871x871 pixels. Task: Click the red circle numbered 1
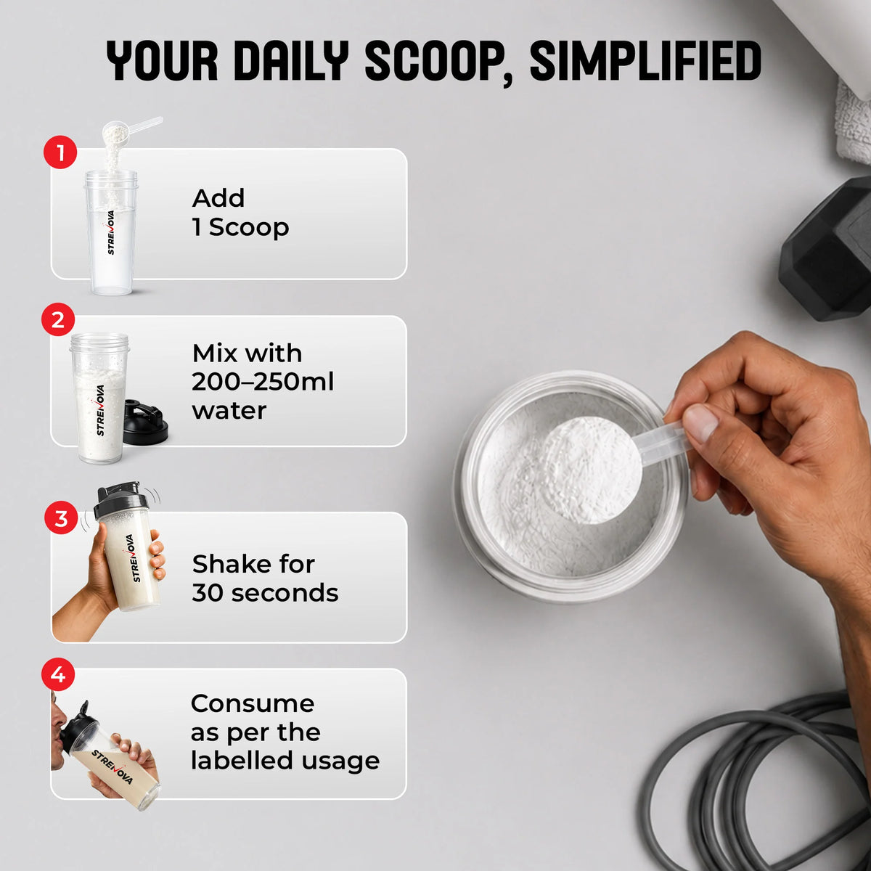(60, 152)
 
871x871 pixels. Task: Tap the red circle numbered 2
(58, 319)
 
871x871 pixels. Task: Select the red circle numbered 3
(61, 518)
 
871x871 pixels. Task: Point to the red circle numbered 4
(58, 674)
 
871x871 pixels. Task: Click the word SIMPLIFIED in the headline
(646, 60)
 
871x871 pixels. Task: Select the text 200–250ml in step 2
(263, 382)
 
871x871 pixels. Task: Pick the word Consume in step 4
(253, 704)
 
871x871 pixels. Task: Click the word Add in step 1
(218, 198)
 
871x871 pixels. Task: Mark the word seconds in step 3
(285, 592)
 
